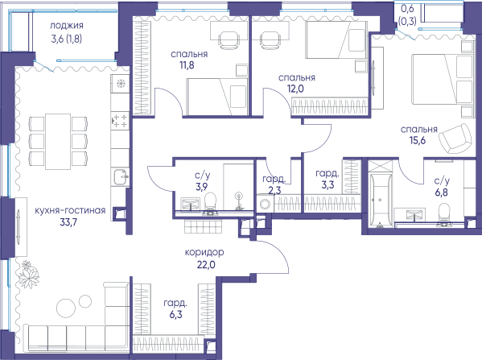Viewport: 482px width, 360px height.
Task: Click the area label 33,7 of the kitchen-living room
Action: [68, 221]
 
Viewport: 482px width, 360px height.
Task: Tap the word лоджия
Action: [67, 26]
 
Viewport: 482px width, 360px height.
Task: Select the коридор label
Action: [204, 253]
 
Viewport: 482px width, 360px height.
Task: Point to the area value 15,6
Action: [418, 140]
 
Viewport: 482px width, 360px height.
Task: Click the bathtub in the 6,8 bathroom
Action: [381, 201]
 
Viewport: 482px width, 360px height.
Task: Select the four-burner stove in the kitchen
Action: [120, 121]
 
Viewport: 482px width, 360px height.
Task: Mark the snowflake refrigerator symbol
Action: [120, 83]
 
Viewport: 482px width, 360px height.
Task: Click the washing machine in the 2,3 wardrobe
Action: [265, 204]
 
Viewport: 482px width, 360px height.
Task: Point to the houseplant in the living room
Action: [29, 274]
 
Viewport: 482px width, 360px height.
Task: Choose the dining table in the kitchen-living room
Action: [58, 142]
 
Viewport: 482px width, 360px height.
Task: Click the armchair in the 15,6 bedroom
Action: [455, 139]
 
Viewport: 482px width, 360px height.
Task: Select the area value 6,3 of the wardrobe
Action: [175, 315]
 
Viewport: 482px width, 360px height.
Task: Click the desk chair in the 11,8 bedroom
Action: [229, 39]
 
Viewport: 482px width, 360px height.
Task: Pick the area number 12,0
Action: [295, 89]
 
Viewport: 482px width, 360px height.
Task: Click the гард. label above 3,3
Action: [328, 174]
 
